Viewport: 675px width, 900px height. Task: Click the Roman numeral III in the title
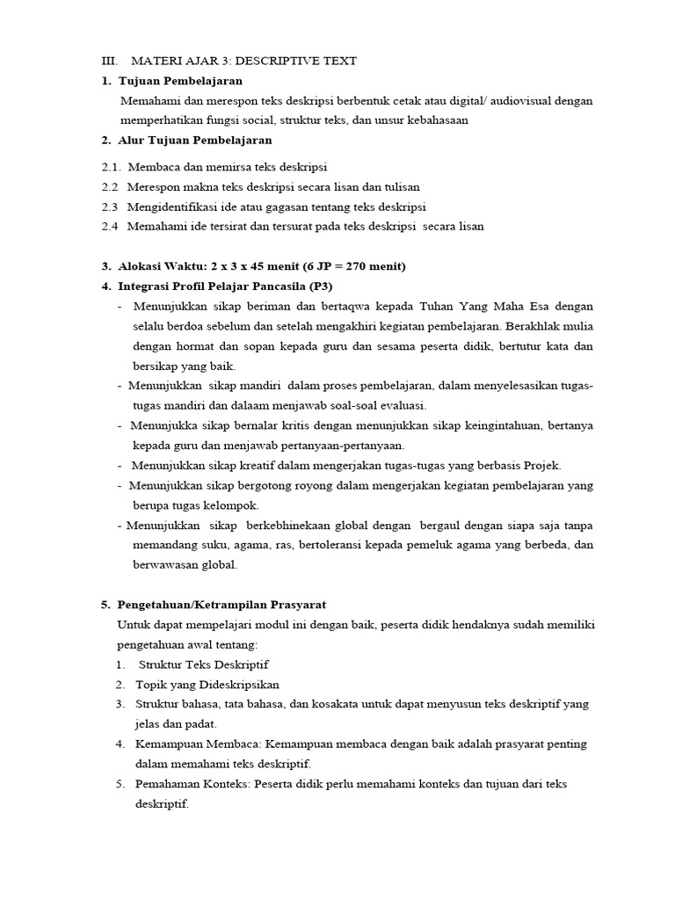point(110,61)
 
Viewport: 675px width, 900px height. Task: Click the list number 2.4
point(110,227)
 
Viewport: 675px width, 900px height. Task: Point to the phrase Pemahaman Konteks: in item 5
point(193,784)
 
